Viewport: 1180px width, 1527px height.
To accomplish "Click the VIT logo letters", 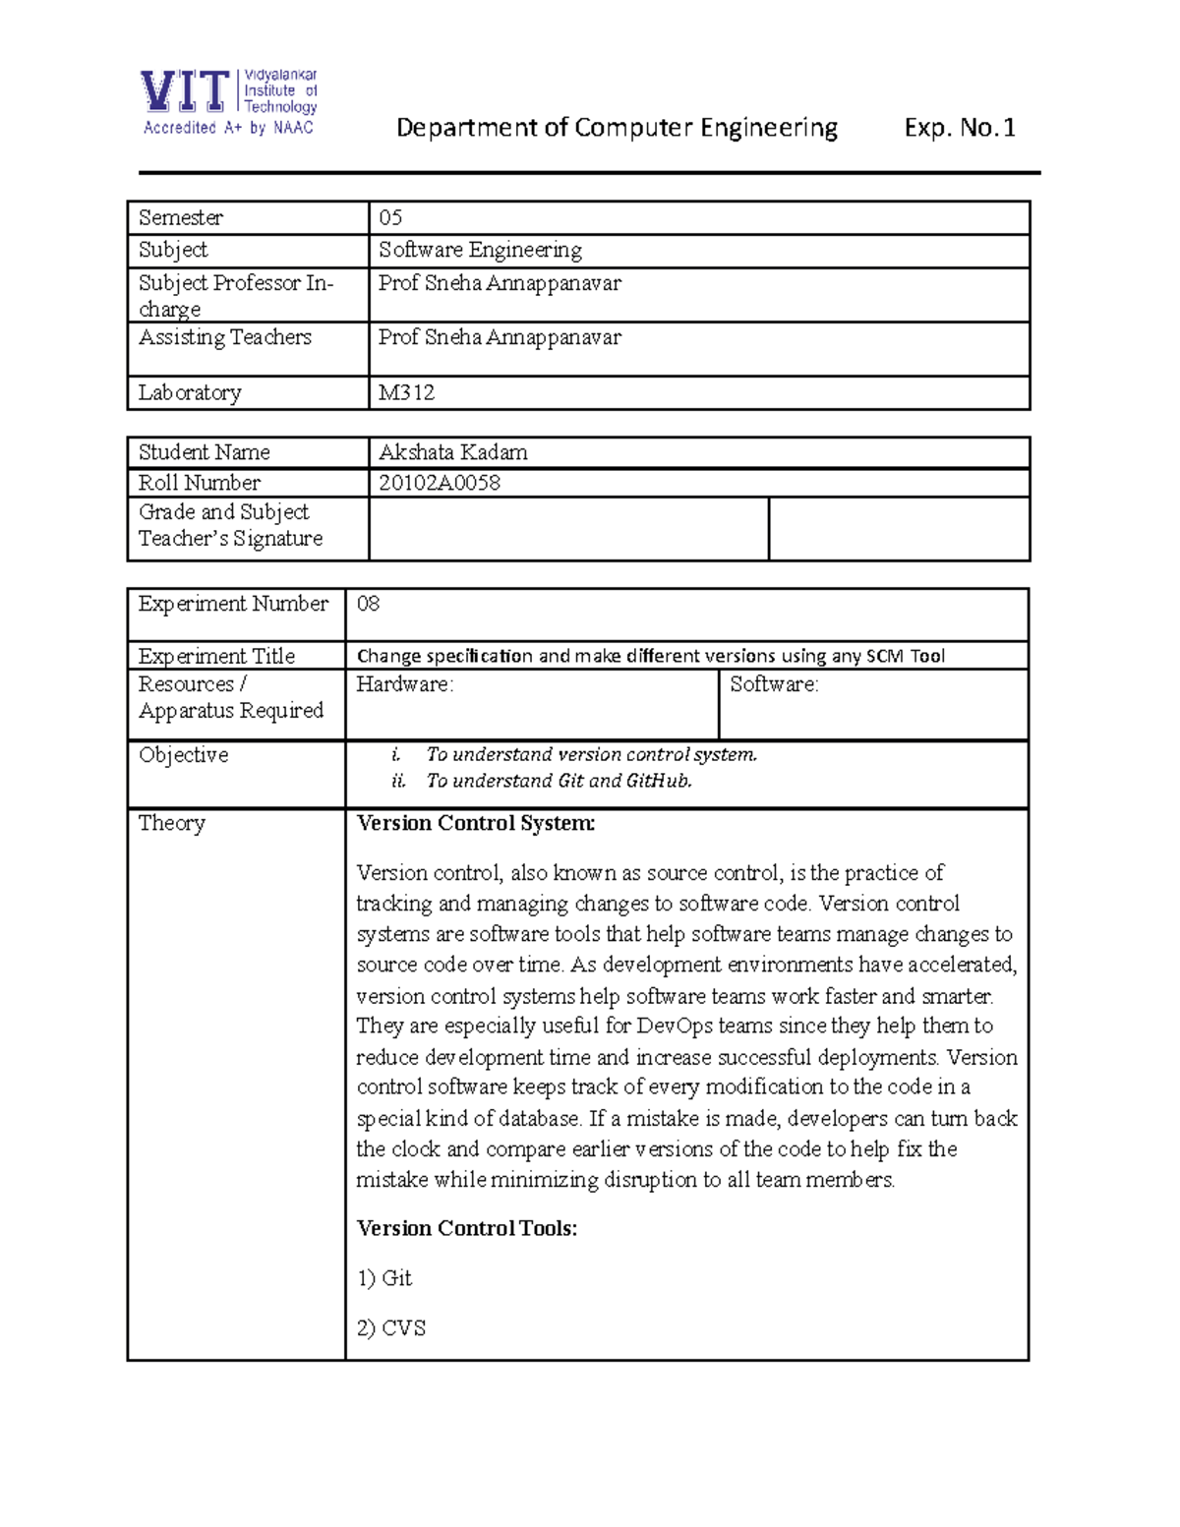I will click(x=185, y=91).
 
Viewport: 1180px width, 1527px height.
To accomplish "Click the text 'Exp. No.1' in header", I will click(x=959, y=128).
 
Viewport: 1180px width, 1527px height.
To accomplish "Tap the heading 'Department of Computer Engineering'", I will click(x=617, y=128).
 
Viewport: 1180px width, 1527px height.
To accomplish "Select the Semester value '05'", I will click(x=390, y=217).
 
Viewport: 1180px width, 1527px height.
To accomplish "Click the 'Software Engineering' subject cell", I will click(x=480, y=250).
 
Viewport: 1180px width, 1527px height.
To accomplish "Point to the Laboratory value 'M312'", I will click(x=406, y=392).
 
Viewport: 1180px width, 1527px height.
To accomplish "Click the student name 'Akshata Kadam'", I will click(x=453, y=452).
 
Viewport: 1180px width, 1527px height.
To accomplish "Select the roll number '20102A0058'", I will click(x=440, y=483).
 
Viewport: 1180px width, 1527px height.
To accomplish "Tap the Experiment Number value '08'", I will click(x=368, y=604).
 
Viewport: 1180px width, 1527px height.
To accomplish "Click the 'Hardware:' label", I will click(x=404, y=684).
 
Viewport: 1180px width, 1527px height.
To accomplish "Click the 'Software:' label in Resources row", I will click(x=774, y=684).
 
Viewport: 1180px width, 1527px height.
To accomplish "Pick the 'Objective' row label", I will click(x=183, y=755).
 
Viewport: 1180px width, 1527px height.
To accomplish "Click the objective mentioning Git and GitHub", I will click(x=559, y=781).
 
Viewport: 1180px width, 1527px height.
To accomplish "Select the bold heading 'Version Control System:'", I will click(x=475, y=823).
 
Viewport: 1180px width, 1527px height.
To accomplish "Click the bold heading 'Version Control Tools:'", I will click(x=466, y=1228).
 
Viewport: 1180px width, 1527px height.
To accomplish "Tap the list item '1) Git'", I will click(x=384, y=1278).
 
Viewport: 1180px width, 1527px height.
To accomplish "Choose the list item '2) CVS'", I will click(x=390, y=1328).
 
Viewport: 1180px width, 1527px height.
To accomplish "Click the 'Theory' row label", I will click(x=171, y=823).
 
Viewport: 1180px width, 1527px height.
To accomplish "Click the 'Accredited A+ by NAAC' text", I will click(x=228, y=128).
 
